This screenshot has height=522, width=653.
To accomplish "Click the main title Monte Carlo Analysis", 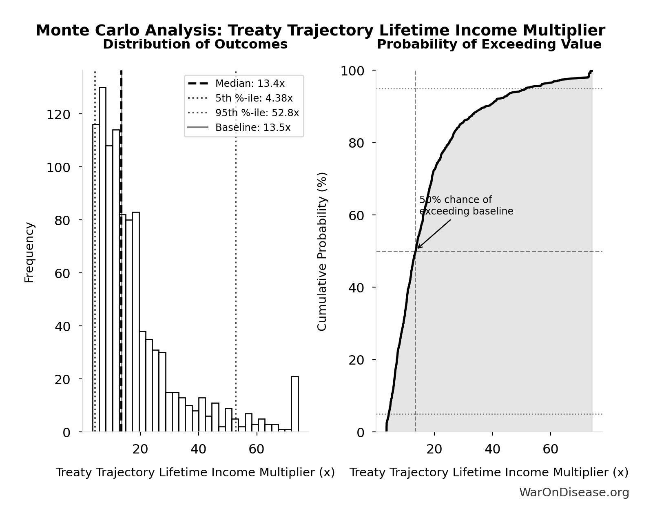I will click(320, 31).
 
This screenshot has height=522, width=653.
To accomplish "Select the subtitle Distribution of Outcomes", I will click(195, 44).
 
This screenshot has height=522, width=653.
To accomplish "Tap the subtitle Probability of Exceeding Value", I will click(489, 44).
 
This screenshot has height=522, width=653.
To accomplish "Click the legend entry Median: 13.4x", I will click(250, 84).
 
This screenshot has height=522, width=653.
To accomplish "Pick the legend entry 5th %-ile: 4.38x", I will click(254, 98).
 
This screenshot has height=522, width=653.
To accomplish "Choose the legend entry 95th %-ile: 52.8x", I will click(257, 113).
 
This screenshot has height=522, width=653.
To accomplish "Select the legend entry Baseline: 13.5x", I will click(253, 128).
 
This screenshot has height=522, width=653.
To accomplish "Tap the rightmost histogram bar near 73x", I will click(294, 404).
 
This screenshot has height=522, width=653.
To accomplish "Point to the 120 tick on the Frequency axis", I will click(58, 114).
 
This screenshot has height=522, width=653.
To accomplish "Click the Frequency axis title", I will click(29, 252).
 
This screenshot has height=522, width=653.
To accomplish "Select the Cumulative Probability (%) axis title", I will click(322, 251).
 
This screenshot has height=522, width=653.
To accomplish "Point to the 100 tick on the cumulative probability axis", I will click(352, 71).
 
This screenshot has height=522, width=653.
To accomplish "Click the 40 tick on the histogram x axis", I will click(198, 449).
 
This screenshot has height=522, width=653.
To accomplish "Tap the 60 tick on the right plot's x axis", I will click(550, 449).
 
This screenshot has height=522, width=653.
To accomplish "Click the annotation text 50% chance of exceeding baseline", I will click(466, 206).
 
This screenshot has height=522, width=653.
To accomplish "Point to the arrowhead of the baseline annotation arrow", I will click(418, 248).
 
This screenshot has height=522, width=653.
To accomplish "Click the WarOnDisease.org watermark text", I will click(574, 493).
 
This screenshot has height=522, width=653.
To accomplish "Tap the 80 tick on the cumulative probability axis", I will click(356, 143).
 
